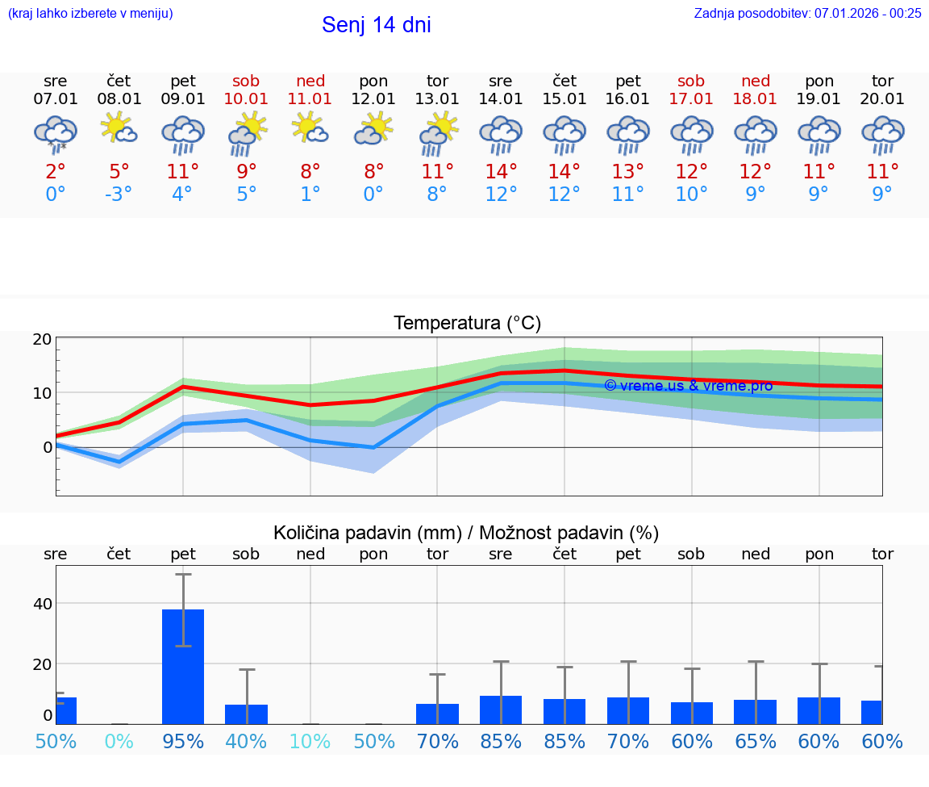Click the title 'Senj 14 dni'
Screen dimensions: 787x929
click(376, 25)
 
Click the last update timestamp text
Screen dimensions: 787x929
click(807, 13)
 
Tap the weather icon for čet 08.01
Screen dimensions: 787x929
click(119, 129)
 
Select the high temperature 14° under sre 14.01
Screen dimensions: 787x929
click(501, 171)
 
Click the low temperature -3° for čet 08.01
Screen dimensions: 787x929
click(119, 194)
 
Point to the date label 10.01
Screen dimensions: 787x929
click(246, 98)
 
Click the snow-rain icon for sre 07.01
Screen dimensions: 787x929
click(55, 134)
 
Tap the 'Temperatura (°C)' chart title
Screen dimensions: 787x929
click(467, 324)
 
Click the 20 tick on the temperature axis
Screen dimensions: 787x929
click(42, 339)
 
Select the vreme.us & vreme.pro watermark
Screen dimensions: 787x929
click(688, 386)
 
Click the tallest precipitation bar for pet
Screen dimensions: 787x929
click(183, 666)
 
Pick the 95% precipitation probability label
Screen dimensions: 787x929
click(183, 741)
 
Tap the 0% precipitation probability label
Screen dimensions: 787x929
click(119, 741)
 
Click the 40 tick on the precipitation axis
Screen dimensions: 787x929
click(42, 604)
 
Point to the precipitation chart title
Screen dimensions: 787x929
click(466, 533)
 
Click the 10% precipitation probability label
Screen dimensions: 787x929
click(310, 741)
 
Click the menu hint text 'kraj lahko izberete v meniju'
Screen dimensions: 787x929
click(90, 13)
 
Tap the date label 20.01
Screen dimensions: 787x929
click(882, 98)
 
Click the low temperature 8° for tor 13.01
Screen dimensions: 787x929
click(437, 194)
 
